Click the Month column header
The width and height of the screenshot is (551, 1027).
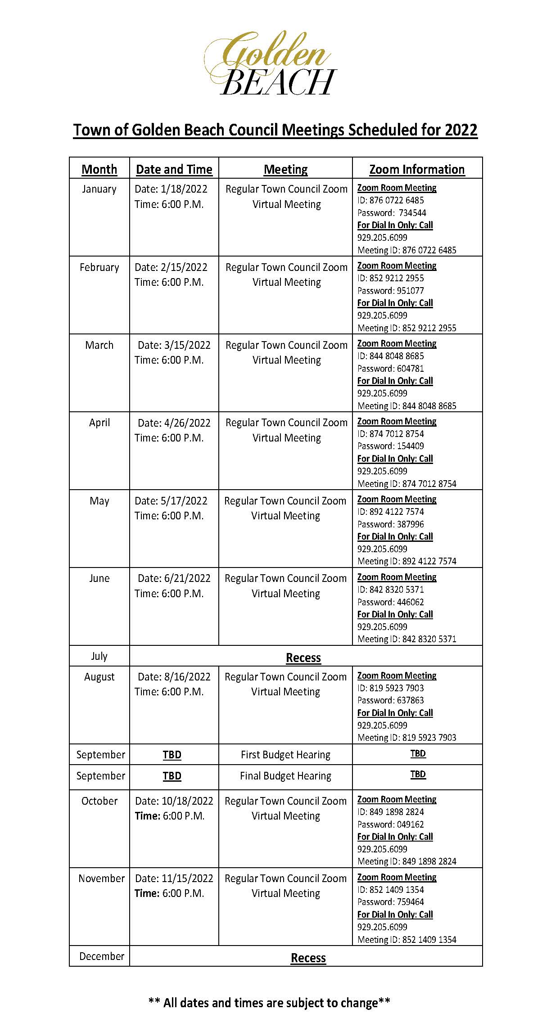(x=99, y=169)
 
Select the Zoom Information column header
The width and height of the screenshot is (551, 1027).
(x=417, y=169)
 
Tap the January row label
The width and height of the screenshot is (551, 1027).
(x=99, y=189)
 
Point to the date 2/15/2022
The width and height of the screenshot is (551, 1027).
(x=184, y=267)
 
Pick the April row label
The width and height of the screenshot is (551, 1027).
(x=99, y=423)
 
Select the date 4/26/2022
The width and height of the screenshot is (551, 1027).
(x=187, y=423)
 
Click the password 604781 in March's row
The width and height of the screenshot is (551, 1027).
(x=410, y=369)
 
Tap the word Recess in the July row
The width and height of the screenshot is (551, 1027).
(x=303, y=658)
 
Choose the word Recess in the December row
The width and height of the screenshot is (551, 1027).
(x=308, y=958)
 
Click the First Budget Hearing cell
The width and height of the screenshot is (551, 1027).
(x=285, y=755)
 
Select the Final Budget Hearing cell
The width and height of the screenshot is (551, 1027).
(x=285, y=776)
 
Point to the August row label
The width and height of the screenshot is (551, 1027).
(x=99, y=677)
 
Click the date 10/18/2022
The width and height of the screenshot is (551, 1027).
(x=187, y=801)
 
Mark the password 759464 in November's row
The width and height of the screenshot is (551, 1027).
(x=410, y=902)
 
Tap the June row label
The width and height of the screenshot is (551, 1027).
(x=99, y=578)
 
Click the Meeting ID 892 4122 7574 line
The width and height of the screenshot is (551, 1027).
(x=406, y=561)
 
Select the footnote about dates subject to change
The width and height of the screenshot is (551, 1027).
(x=269, y=1003)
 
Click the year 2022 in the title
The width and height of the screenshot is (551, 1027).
(x=461, y=130)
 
